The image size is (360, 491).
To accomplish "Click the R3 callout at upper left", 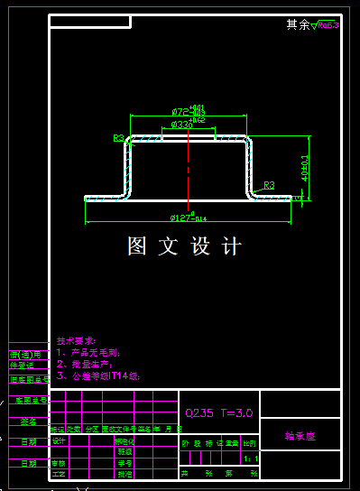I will tap(118, 138).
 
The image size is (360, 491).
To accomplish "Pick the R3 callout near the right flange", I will tap(269, 184).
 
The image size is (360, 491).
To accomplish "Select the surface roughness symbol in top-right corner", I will tap(328, 24).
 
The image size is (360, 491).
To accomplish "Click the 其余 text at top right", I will tap(298, 24).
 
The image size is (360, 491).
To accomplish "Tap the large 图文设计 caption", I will tap(185, 246).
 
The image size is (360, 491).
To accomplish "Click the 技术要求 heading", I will tap(75, 341).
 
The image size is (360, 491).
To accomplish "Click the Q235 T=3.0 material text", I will tap(219, 412).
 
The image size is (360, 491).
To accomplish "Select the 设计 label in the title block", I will tap(60, 441).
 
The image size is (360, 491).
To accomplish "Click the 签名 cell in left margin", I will tap(28, 421).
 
